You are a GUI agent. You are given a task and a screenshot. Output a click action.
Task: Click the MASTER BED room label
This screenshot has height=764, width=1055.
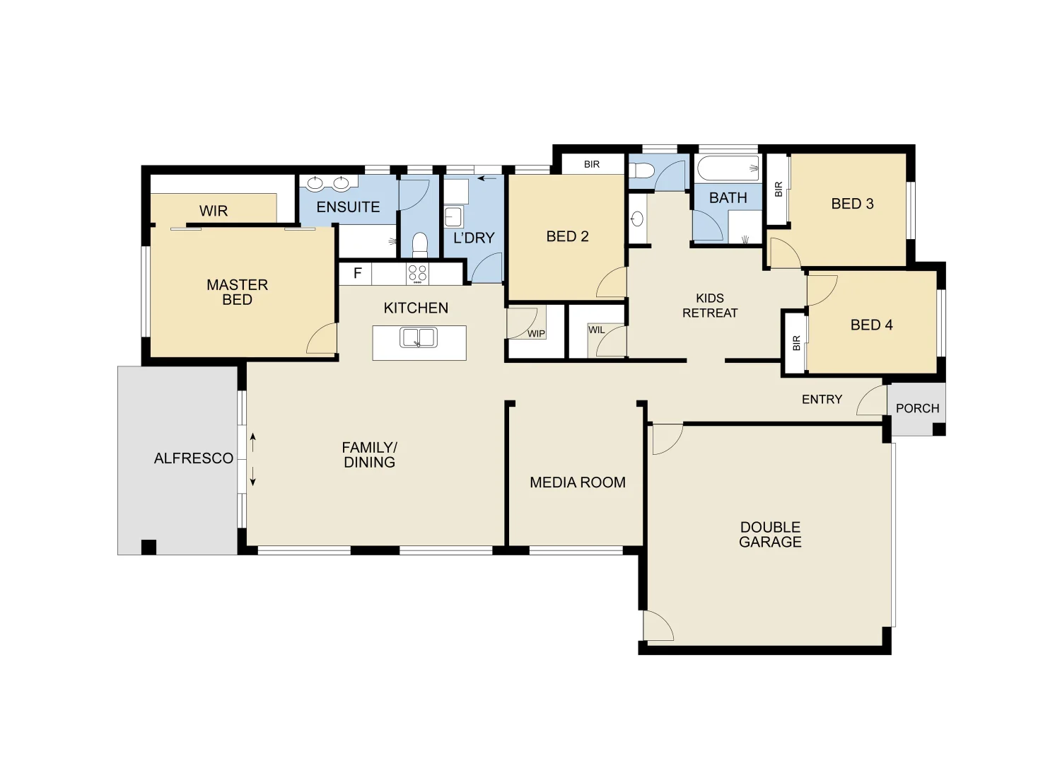[x=237, y=292]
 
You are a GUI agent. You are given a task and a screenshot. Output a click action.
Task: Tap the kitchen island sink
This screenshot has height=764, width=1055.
[x=418, y=337]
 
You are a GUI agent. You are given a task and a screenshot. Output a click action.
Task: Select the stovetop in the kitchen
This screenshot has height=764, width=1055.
[x=418, y=273]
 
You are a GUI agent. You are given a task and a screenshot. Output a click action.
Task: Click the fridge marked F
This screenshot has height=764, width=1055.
[x=357, y=273]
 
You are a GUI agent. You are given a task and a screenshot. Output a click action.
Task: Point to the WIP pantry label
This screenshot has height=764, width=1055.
[x=536, y=334]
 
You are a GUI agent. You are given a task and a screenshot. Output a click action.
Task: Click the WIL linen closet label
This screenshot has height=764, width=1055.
[x=596, y=330]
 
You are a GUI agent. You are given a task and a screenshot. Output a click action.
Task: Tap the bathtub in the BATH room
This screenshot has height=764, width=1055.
[x=728, y=169]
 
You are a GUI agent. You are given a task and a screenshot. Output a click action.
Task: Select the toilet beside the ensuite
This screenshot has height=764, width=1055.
[x=420, y=244]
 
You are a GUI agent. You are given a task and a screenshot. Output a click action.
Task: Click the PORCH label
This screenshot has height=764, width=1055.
[x=917, y=408]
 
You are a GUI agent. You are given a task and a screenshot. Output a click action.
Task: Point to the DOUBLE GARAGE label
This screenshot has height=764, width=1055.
[x=770, y=535]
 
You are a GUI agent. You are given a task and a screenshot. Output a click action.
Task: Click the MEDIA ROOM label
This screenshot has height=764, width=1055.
[x=578, y=482]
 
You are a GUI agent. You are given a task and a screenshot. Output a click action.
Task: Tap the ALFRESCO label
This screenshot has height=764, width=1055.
[x=194, y=458]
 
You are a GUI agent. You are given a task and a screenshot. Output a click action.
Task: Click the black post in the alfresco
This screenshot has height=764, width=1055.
[x=148, y=547]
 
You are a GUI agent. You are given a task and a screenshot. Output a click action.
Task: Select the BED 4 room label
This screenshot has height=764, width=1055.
[x=871, y=325]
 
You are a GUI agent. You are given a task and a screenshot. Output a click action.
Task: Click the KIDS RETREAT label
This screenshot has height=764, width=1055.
[x=710, y=306]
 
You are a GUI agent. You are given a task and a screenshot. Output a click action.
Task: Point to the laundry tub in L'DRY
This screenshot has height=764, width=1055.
[x=453, y=216]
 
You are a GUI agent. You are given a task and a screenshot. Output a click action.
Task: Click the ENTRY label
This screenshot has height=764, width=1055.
[x=822, y=400]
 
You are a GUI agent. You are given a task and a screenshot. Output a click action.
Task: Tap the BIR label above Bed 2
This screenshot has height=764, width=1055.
[x=592, y=164]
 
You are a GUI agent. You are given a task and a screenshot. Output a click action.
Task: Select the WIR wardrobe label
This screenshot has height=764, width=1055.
[x=213, y=211]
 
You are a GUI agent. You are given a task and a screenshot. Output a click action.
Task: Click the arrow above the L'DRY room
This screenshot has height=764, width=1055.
[x=486, y=178]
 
